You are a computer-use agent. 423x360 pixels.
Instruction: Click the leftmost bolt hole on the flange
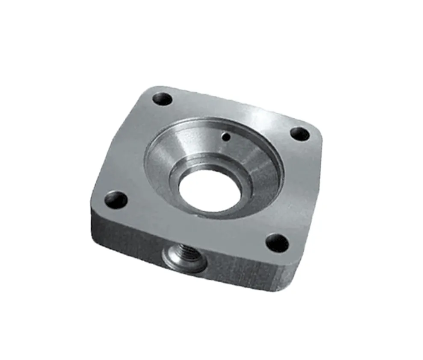click(x=116, y=200)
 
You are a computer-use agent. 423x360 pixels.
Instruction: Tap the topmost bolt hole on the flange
click(x=163, y=99)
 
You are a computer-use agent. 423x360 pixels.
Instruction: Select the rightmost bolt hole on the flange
click(x=300, y=134)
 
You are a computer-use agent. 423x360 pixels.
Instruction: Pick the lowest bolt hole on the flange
click(x=277, y=243)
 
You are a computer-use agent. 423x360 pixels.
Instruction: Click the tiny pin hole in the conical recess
click(x=226, y=137)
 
